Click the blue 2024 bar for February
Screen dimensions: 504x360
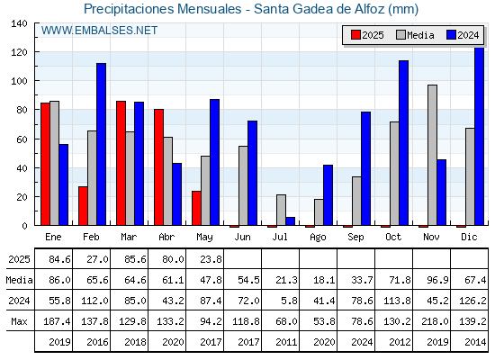point(101,144)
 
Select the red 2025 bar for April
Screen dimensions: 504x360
point(158,167)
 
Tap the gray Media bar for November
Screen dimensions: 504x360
point(432,155)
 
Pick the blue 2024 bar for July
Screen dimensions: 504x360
point(290,221)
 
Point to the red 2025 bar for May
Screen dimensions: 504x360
point(196,208)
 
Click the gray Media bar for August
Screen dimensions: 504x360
point(319,212)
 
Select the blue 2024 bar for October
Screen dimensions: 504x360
point(404,143)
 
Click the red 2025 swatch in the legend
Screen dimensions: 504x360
point(355,35)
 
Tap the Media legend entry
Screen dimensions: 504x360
point(415,35)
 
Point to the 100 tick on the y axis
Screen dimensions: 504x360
point(19,81)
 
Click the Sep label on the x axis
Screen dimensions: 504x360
point(355,238)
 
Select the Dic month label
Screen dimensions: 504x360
point(469,237)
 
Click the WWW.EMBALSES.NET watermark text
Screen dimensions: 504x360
point(99,31)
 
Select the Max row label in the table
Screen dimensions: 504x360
point(19,321)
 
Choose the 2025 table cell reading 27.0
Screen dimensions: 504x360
point(97,259)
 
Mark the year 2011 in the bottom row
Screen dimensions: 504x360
point(286,342)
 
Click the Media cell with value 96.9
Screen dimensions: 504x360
point(437,280)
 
